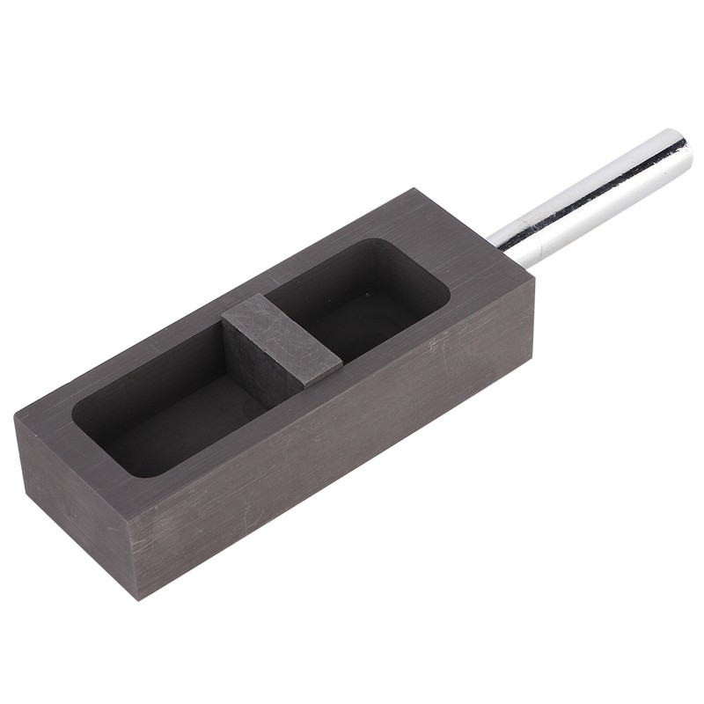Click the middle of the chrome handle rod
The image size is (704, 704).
tap(590, 201)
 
